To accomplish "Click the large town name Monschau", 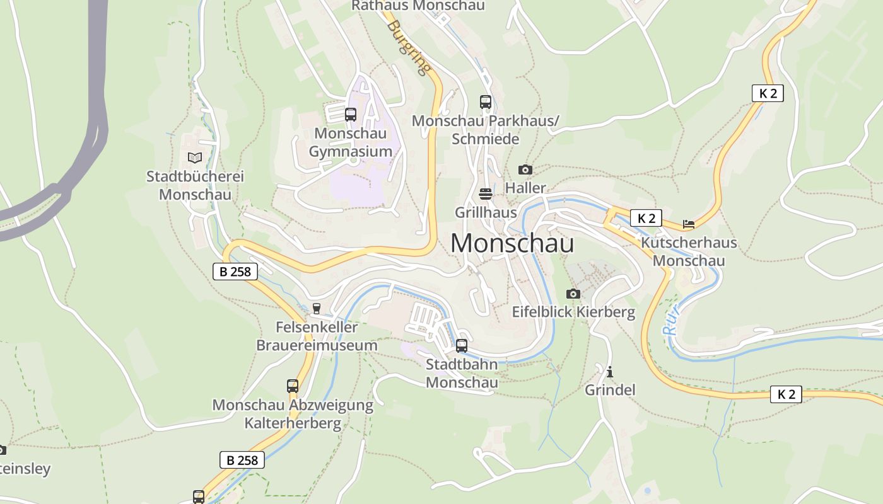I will click(512, 243).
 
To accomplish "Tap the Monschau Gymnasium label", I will click(351, 142).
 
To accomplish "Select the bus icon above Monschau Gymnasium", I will click(351, 115).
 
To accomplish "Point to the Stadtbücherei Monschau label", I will click(195, 185).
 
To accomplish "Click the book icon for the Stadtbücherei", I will click(195, 157).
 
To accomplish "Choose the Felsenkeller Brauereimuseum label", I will click(317, 336).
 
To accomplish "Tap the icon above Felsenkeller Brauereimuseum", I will click(317, 308).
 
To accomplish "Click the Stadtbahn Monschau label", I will click(462, 373).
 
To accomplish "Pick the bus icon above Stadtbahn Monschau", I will click(462, 345).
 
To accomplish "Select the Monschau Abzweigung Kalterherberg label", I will click(293, 414).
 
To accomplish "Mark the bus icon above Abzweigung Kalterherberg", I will click(293, 386).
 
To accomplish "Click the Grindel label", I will click(610, 390).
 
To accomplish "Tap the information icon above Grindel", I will click(610, 372).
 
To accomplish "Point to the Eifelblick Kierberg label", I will click(573, 312).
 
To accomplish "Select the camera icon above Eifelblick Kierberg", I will click(573, 294).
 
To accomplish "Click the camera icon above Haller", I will click(525, 169).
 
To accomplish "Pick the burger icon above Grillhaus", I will click(486, 193).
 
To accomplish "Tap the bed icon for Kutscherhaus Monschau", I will click(688, 224).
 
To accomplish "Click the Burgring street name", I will click(409, 47).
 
